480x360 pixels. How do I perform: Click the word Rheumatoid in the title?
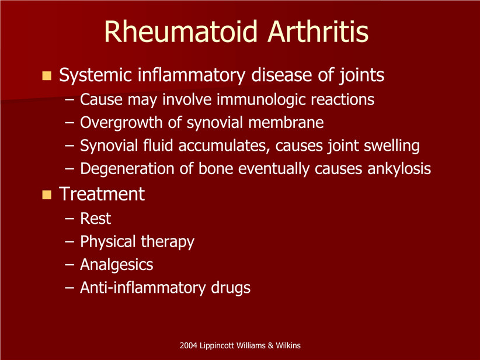180,32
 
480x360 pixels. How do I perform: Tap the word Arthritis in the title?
318,32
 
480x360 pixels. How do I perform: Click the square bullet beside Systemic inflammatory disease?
47,75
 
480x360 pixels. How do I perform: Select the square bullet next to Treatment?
47,195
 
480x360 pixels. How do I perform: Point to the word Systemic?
96,75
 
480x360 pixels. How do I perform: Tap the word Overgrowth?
121,123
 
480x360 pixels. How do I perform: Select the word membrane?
286,123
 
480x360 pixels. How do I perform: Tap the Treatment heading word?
102,194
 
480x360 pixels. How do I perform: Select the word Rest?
96,219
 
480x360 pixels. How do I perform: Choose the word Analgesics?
117,265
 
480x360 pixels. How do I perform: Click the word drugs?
231,288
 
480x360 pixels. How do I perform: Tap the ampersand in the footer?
270,346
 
